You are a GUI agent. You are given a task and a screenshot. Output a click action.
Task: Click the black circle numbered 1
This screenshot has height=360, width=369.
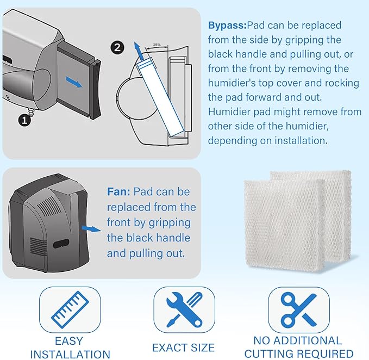(x=24, y=121)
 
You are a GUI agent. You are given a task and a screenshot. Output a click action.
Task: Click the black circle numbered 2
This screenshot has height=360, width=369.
(x=117, y=47)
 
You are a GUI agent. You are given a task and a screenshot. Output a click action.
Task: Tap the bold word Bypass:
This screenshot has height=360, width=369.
(x=227, y=26)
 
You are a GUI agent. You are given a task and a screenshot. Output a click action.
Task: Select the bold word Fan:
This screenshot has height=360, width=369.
(x=118, y=191)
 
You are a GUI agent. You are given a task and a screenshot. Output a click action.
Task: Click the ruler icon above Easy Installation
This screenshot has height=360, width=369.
(x=70, y=309)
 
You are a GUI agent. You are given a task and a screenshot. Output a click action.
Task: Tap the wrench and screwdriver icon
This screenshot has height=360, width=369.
(x=184, y=309)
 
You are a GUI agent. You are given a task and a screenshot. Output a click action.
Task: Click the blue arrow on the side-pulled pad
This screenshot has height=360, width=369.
(x=74, y=82)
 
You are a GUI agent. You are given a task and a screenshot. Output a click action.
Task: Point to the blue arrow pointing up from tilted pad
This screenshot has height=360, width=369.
(x=139, y=51)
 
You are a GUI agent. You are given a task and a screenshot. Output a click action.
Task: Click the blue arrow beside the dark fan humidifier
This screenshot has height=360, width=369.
(x=91, y=228)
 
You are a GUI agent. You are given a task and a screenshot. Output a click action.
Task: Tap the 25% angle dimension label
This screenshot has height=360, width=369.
(x=157, y=45)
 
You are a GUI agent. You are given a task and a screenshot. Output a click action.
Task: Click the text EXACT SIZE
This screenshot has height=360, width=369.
(x=183, y=347)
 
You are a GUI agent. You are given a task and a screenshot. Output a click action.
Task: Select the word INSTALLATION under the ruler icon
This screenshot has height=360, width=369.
(x=70, y=355)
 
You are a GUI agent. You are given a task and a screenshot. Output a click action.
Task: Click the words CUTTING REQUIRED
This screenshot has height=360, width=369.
(x=299, y=353)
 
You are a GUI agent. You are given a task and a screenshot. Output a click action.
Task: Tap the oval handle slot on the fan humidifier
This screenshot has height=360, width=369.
(x=61, y=244)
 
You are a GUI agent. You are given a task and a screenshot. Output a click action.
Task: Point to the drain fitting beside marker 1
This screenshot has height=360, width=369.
(x=30, y=110)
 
